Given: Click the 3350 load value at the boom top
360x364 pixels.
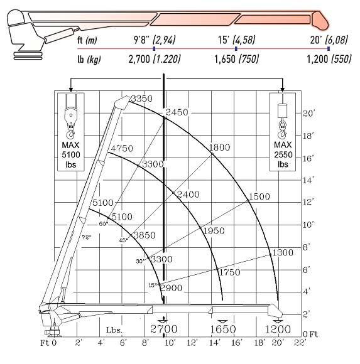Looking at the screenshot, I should point(141,99).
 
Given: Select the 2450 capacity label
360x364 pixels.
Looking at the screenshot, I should point(177,112).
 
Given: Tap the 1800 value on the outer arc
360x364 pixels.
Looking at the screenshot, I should point(221,147).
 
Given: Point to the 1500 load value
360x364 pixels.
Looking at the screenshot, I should point(259,196).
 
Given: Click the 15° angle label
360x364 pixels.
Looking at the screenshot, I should point(153,285).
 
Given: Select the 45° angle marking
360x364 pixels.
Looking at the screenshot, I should point(124,239).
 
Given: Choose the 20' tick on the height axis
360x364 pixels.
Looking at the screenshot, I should point(308,114).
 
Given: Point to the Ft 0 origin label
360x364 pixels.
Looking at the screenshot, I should point(49,343).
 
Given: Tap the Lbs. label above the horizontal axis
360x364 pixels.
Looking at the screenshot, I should point(113,329).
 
